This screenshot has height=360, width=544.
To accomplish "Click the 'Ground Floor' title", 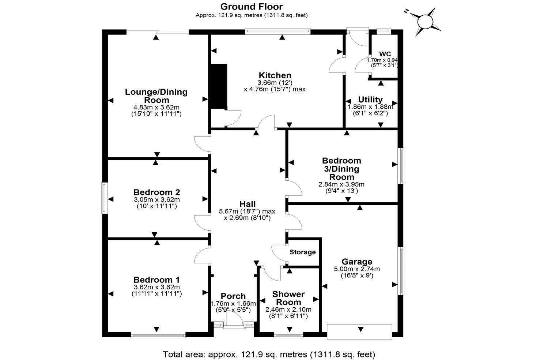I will (251, 6).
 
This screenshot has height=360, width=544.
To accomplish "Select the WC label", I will (382, 54).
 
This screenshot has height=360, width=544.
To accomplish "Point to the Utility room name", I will (370, 100).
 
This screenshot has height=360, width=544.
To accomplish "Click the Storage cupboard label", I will (302, 252).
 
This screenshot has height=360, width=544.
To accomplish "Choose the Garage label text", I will (357, 262).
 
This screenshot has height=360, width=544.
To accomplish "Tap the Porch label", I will (233, 296).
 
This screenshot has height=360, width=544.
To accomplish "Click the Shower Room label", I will (288, 298).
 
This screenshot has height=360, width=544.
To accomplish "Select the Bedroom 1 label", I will (156, 280).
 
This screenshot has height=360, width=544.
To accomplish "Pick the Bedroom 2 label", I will (156, 192).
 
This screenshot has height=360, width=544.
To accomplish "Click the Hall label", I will (248, 204).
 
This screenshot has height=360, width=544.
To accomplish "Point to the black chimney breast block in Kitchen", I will (219, 86).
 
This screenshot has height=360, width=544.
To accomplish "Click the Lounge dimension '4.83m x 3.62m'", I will (156, 108).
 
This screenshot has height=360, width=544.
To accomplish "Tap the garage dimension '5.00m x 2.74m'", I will (357, 269).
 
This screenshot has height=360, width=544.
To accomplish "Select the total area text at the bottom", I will (269, 354).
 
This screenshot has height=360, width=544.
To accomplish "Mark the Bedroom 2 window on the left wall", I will (105, 198).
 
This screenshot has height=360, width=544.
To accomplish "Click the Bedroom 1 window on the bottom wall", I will (158, 334).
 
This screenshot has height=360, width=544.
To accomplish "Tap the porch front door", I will (233, 325).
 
